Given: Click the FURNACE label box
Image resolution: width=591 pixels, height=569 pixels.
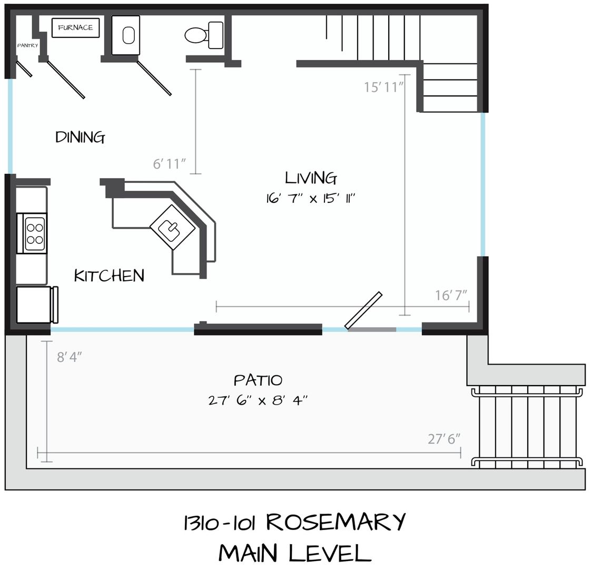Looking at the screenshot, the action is click(75, 27).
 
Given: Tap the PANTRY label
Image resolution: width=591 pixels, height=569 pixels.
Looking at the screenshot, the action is click(27, 45).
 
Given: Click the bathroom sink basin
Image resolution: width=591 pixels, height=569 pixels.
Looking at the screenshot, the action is click(129, 35).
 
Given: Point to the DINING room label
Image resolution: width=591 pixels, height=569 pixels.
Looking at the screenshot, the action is click(80, 137).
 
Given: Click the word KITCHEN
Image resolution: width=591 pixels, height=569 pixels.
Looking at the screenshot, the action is click(110, 276).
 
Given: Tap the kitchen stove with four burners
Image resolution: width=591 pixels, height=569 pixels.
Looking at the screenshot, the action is click(34, 233).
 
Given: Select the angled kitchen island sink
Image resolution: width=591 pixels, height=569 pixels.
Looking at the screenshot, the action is click(173, 227).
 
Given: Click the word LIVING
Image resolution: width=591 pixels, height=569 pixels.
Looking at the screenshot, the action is click(311, 178).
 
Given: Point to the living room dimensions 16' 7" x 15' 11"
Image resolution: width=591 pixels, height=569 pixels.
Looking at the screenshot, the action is click(311, 198).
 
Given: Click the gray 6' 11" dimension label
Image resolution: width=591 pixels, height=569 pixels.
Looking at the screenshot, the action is click(169, 164).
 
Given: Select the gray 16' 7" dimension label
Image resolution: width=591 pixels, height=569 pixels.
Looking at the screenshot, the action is click(451, 295).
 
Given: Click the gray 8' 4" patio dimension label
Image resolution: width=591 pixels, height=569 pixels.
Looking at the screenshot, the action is click(70, 357).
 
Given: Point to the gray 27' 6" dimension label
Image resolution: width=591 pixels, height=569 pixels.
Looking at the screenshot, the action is click(444, 439).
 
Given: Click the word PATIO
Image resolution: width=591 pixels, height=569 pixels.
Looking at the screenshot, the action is click(258, 380).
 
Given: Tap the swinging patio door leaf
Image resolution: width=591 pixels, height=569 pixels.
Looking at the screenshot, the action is click(363, 310).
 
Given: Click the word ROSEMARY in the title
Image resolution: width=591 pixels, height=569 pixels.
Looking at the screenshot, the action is click(336, 522).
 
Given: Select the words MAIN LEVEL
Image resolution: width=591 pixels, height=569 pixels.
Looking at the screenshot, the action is click(295, 553).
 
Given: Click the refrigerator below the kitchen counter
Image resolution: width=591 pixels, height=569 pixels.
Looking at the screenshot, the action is click(36, 305).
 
